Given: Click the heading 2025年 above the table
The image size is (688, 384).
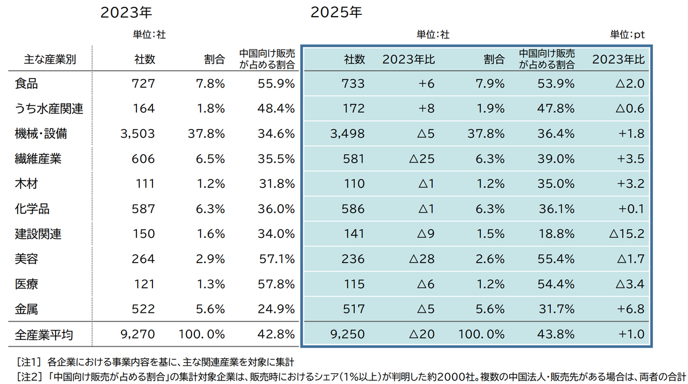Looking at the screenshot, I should (x=336, y=13).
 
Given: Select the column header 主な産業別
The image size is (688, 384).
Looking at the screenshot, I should (x=50, y=59).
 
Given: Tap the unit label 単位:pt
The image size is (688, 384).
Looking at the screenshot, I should (x=628, y=35).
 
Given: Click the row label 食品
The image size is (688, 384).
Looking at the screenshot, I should (x=26, y=84).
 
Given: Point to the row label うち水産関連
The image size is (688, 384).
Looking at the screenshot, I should (x=49, y=109).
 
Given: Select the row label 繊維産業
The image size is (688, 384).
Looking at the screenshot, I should (x=38, y=159).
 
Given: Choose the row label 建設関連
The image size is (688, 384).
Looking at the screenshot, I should (x=38, y=234).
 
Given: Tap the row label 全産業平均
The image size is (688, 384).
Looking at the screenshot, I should (x=44, y=334).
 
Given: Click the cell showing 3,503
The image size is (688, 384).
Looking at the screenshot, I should (x=138, y=134).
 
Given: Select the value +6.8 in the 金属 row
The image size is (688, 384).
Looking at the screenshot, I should (x=632, y=309).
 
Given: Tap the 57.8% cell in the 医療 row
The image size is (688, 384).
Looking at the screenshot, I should (x=277, y=284).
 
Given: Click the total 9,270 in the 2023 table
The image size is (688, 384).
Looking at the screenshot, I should (x=138, y=334).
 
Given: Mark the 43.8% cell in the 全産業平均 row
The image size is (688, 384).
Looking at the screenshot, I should (x=556, y=334).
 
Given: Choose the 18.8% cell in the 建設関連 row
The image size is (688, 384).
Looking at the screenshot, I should (x=556, y=234).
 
